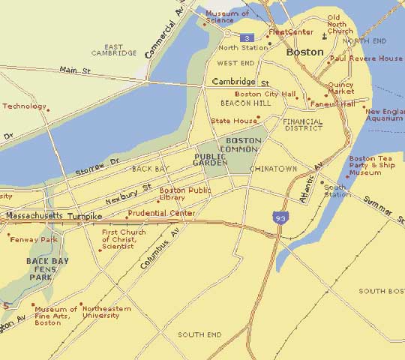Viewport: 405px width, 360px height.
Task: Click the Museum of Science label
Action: pyautogui.click(x=227, y=16)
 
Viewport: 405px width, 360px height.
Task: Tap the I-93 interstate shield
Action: pyautogui.click(x=279, y=217)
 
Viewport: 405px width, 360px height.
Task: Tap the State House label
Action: pyautogui.click(x=230, y=120)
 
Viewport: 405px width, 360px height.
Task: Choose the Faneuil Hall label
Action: pyautogui.click(x=332, y=104)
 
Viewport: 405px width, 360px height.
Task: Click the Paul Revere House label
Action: pyautogui.click(x=366, y=58)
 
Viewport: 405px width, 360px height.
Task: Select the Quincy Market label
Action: pyautogui.click(x=340, y=88)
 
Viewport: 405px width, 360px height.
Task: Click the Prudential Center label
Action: pyautogui.click(x=161, y=213)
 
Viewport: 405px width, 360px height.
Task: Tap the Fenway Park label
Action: pyautogui.click(x=33, y=239)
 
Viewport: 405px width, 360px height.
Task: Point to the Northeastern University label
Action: pyautogui.click(x=106, y=312)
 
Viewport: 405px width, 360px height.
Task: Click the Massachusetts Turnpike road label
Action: pyautogui.click(x=53, y=216)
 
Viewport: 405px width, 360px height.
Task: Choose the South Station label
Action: pyautogui.click(x=337, y=190)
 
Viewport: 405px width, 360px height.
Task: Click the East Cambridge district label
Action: pyautogui.click(x=120, y=49)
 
